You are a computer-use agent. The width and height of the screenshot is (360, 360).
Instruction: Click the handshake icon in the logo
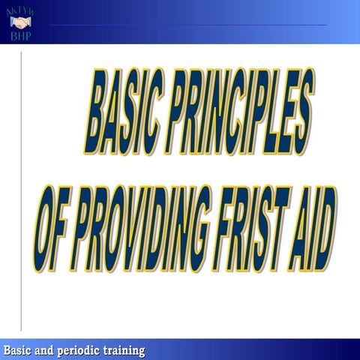pyautogui.click(x=20, y=22)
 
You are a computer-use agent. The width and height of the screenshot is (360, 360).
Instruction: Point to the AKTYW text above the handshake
pyautogui.click(x=20, y=8)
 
